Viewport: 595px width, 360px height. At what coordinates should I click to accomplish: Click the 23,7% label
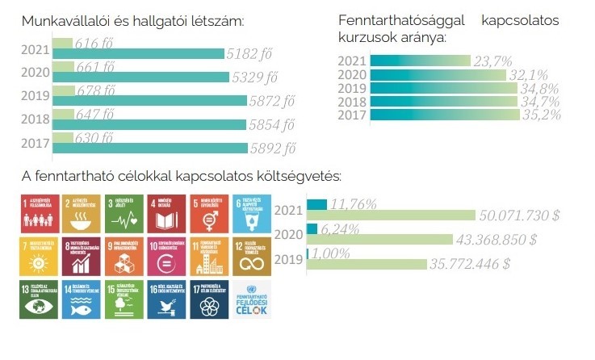[x=493, y=61]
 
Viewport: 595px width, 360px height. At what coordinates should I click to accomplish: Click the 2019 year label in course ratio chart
[x=351, y=88]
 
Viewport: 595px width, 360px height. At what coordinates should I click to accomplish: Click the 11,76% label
[x=354, y=204]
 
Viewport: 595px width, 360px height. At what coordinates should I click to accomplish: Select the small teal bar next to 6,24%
[x=312, y=228]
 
